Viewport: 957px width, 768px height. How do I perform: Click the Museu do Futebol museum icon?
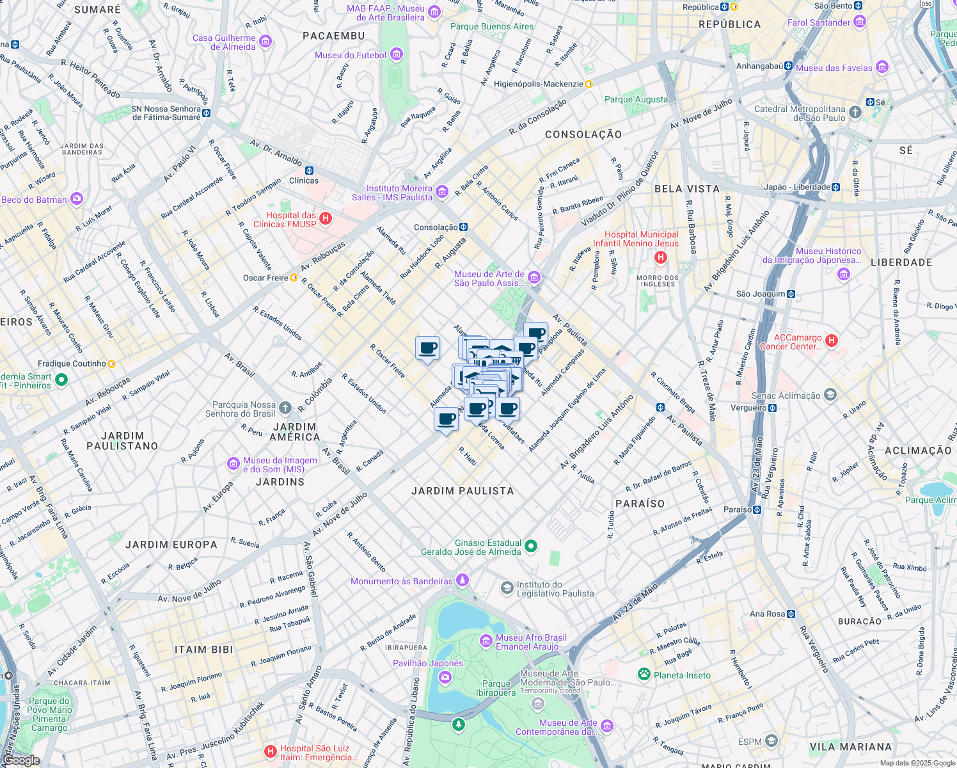397,55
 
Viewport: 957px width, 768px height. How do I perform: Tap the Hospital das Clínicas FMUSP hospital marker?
326,219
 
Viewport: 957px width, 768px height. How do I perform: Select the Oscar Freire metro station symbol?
294,278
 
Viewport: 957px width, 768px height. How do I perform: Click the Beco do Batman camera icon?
77,199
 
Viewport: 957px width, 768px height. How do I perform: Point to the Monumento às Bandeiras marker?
463,580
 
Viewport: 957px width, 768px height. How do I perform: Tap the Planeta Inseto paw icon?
644,675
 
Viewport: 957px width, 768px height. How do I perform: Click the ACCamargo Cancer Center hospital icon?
832,341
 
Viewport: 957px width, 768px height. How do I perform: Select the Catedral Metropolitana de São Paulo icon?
856,113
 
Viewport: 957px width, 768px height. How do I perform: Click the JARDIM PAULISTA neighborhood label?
463,491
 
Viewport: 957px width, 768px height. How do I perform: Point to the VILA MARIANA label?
850,747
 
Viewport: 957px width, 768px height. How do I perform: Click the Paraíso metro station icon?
757,509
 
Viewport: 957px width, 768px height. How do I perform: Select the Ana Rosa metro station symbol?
791,614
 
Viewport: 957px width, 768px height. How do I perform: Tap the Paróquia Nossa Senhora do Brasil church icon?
285,408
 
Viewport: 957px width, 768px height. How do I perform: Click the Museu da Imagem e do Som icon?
233,463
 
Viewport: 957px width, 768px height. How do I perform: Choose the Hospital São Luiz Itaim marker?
271,751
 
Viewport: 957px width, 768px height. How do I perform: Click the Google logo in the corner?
20,760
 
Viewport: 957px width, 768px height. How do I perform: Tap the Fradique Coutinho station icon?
112,364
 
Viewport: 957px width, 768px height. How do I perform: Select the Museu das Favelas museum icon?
882,67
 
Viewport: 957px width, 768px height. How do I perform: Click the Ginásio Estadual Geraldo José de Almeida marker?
531,547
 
